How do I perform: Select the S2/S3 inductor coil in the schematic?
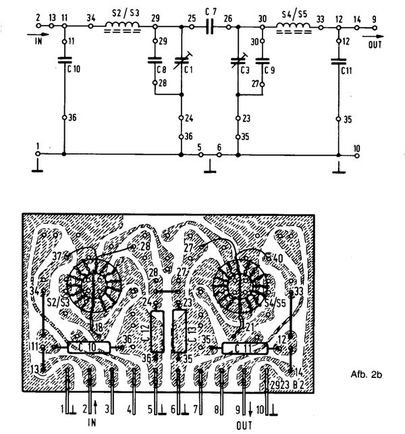click(122, 27)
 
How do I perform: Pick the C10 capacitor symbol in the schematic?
click(64, 61)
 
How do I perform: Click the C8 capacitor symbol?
click(155, 61)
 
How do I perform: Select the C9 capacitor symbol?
click(262, 61)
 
